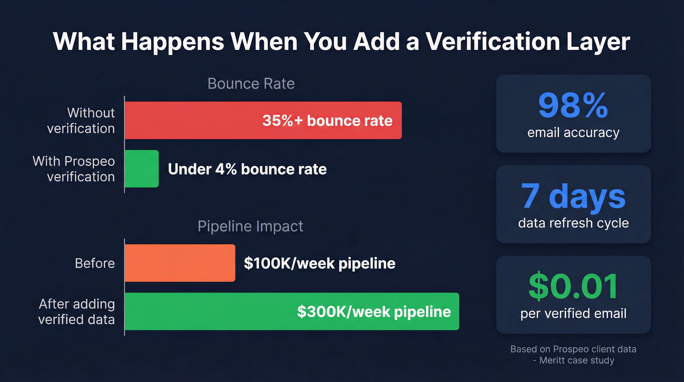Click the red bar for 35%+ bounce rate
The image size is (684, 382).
coord(263,120)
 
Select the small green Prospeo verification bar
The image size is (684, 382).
coord(141,169)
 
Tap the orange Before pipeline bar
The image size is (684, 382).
coord(179,263)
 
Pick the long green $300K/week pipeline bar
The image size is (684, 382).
coord(291,312)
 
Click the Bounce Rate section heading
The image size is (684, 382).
coord(251,84)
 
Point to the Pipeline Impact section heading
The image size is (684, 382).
coord(250,226)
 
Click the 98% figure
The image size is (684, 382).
coord(573,105)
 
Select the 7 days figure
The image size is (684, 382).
coord(573,196)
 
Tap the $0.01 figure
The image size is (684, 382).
coord(573,287)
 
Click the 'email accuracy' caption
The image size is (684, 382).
coord(573,132)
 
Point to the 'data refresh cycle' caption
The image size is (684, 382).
coord(573,223)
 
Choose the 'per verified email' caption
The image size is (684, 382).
coord(573,313)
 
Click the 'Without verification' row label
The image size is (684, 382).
coord(81,120)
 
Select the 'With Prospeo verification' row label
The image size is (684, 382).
coord(73,169)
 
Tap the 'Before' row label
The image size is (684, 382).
coord(95,263)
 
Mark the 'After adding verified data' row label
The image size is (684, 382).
coord(76,312)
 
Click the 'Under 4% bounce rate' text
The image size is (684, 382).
coord(247,169)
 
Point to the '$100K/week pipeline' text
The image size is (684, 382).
coord(320,263)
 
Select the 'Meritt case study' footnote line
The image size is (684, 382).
coord(573,360)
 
